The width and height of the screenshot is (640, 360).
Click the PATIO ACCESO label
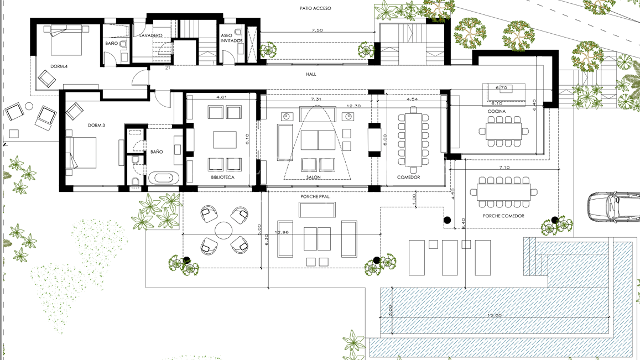pos(315,8)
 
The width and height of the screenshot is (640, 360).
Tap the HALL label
pos(311,74)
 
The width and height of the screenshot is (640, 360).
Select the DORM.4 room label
pos(59,66)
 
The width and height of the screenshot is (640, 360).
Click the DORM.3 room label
pos(96,126)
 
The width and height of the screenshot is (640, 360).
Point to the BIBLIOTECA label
pos(222,178)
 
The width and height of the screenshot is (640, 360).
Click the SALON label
pos(314,178)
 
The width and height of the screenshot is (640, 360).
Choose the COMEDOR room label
pos(408,178)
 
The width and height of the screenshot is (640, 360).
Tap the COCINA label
pos(496,112)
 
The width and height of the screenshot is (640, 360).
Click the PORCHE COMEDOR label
pos(503,216)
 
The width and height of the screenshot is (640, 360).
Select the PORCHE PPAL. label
pos(316,197)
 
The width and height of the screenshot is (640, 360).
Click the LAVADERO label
pos(150,35)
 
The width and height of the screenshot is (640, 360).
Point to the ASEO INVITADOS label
pos(231,38)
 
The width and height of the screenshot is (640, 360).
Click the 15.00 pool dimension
pos(495,315)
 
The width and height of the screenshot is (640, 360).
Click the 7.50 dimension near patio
pos(317,30)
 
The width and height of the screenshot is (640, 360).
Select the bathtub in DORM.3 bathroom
pos(163,178)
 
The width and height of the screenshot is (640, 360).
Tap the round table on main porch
pos(223,231)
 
